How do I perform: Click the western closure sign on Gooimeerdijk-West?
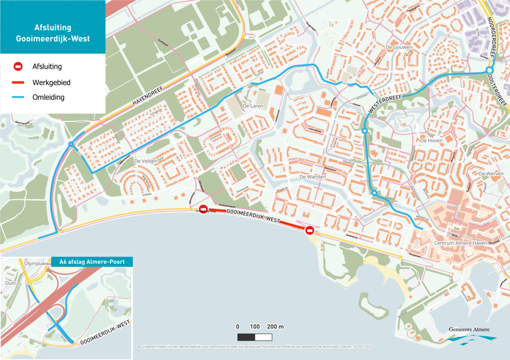click(x=203, y=209)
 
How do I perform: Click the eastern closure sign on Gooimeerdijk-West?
click(x=310, y=230)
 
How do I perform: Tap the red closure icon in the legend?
click(x=18, y=67)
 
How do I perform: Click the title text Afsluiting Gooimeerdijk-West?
click(x=52, y=33)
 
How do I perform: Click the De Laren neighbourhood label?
click(x=252, y=106)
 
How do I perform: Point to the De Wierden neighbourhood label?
click(x=313, y=177)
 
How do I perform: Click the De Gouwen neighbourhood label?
click(x=399, y=47)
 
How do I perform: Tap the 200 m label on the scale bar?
click(x=276, y=327)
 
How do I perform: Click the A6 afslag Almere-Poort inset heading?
click(x=92, y=262)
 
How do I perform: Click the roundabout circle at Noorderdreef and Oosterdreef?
click(x=489, y=71)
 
